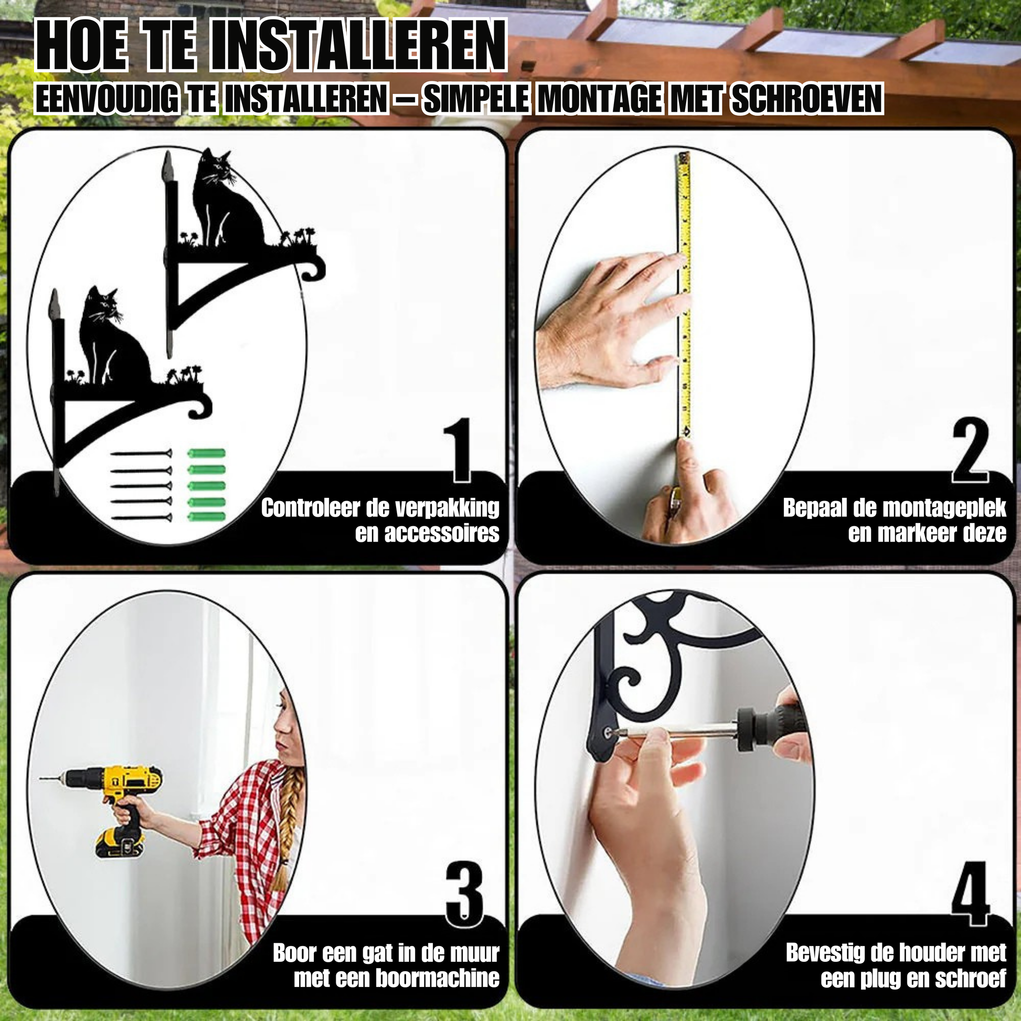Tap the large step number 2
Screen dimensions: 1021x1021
point(970,450)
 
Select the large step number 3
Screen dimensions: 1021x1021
point(464,894)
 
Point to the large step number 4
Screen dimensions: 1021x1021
point(970,894)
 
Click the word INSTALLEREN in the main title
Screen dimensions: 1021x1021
point(358,47)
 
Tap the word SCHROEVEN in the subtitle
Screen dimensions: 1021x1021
point(807,99)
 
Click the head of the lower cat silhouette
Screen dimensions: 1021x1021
point(103,304)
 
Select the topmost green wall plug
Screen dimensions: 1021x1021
point(207,454)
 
